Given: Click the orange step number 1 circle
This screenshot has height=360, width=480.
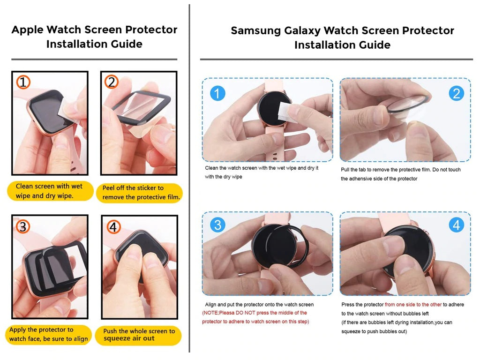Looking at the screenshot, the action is pyautogui.click(x=23, y=82).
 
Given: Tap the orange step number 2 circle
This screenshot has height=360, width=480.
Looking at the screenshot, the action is pyautogui.click(x=112, y=82).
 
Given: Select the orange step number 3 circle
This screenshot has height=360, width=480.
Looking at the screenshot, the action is pyautogui.click(x=23, y=226).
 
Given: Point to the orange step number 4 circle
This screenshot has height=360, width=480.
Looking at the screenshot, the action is pyautogui.click(x=113, y=227).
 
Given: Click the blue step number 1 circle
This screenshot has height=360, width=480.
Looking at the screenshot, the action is pyautogui.click(x=217, y=93).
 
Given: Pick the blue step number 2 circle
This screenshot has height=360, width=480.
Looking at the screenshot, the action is pyautogui.click(x=457, y=93).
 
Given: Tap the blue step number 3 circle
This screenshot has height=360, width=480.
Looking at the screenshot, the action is pyautogui.click(x=217, y=225).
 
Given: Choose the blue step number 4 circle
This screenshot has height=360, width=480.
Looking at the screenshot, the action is pyautogui.click(x=457, y=225).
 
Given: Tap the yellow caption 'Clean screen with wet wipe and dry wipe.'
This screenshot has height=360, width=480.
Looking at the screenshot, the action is pyautogui.click(x=50, y=191).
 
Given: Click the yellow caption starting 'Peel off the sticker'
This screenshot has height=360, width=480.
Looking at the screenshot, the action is pyautogui.click(x=140, y=193).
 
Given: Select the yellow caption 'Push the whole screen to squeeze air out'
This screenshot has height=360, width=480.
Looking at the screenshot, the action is pyautogui.click(x=138, y=335).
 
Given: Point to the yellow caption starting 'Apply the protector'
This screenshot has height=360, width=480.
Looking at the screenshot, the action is pyautogui.click(x=48, y=335).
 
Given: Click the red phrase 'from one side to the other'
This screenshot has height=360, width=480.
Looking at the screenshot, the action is pyautogui.click(x=413, y=305).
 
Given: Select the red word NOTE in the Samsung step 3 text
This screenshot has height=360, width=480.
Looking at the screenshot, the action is pyautogui.click(x=210, y=313).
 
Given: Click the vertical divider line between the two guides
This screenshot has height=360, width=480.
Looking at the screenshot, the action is pyautogui.click(x=189, y=178).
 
